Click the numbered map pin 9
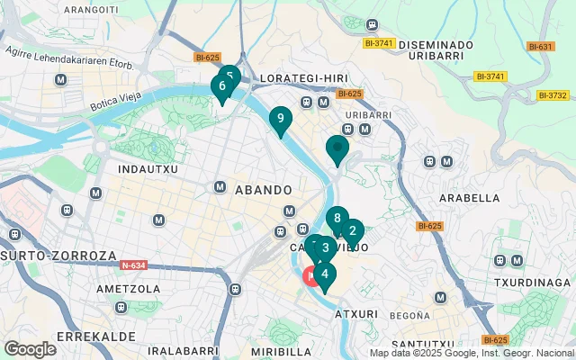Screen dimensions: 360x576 (x=281, y=118)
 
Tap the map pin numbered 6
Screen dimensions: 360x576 (x=220, y=86)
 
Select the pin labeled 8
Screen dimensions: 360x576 (x=337, y=218)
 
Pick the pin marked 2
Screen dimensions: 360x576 (x=352, y=230)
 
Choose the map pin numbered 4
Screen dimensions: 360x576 (x=324, y=274)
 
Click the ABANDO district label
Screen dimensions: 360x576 (x=263, y=190)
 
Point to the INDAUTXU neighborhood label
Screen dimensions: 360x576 (x=148, y=168)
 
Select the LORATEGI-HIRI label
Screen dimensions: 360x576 (x=297, y=78)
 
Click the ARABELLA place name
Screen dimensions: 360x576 (x=469, y=198)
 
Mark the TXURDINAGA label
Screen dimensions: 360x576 (x=533, y=282)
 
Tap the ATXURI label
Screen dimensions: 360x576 (x=358, y=315)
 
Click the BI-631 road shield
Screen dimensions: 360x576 (x=541, y=47)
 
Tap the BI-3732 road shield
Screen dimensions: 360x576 (x=553, y=95)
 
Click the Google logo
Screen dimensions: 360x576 (x=30, y=349)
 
